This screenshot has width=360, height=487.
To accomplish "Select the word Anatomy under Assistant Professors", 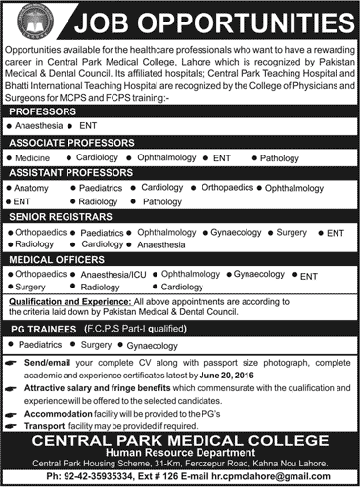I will tap(31, 185).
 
